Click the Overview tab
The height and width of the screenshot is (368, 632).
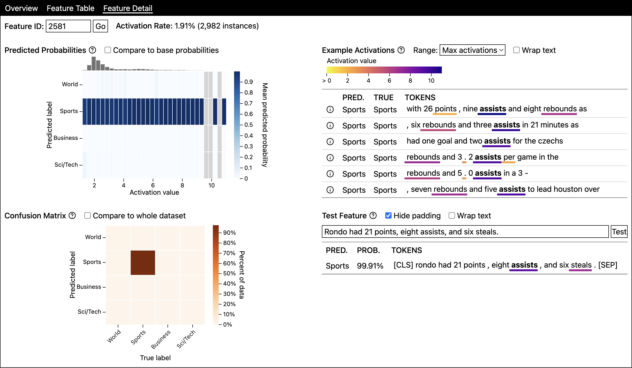coord(21,8)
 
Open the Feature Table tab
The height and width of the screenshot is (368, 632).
coord(70,8)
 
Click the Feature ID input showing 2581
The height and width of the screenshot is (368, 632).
coord(68,26)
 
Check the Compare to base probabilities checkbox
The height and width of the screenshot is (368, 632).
coord(108,50)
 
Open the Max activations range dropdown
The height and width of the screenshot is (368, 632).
coord(473,50)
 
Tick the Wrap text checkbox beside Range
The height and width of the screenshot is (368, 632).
coord(516,50)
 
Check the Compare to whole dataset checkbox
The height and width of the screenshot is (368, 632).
coord(88,216)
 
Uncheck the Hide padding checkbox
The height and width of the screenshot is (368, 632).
coord(388,216)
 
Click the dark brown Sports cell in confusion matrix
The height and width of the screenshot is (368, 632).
coord(143,263)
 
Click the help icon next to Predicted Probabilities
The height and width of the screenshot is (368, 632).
coord(93,50)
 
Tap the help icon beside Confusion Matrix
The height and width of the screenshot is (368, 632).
coord(72,216)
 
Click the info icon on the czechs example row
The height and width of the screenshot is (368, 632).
coord(330,142)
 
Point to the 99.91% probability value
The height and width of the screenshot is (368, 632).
coord(370,266)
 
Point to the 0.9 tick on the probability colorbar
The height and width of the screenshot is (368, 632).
coord(248,82)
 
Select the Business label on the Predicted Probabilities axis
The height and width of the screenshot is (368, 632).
coord(66,138)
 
